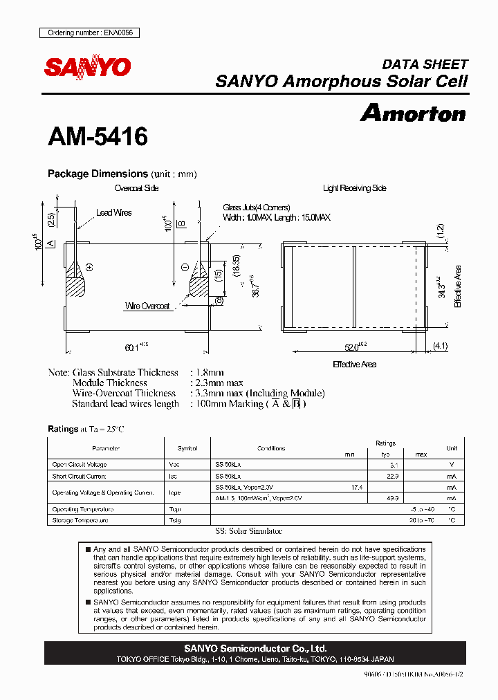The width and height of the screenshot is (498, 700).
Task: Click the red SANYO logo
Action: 88,66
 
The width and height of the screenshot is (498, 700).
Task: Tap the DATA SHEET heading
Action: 425,64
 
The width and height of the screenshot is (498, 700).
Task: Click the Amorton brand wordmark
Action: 413,113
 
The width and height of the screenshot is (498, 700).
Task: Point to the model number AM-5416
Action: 98,137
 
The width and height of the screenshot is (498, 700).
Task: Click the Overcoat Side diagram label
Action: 136,188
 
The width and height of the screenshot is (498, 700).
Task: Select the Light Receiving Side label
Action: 354,188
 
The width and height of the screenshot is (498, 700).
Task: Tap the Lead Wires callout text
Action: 113,213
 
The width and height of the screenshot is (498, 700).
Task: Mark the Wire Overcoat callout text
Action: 147,306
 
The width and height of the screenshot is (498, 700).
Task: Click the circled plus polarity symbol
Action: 89,266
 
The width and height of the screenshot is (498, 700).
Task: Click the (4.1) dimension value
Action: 441,346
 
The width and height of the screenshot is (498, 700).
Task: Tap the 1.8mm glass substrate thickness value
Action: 207,373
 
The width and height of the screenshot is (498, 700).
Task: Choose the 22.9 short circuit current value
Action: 394,477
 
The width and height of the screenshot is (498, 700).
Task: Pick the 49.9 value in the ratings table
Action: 394,498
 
